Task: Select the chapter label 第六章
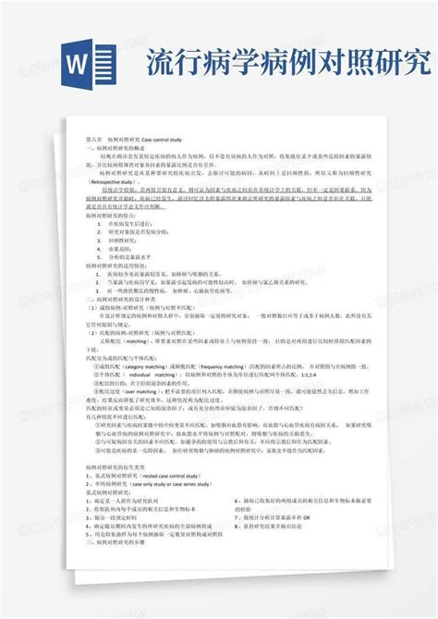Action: (x=92, y=136)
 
